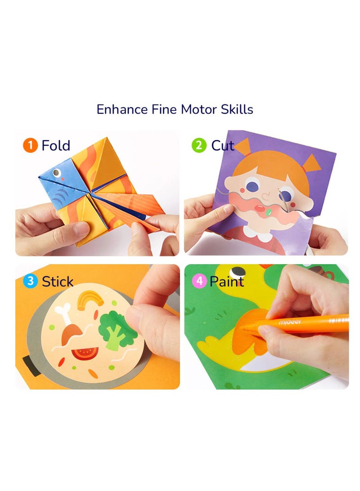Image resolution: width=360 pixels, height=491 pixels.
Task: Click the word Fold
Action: tap(56, 145)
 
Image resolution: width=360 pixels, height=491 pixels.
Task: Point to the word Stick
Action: tap(57, 282)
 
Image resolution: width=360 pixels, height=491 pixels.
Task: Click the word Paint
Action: tap(227, 282)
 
